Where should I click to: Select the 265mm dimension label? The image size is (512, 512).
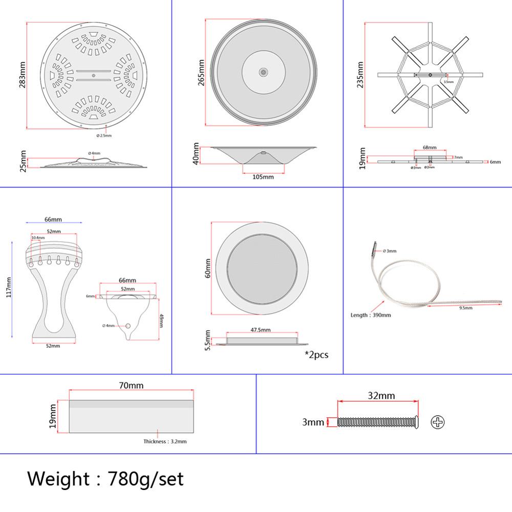click(201, 72)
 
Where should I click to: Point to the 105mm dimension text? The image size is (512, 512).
click(263, 177)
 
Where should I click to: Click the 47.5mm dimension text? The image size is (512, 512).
click(261, 330)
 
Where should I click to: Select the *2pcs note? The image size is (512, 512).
click(316, 354)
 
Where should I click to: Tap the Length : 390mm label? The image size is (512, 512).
click(371, 315)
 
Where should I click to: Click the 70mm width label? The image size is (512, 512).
click(132, 386)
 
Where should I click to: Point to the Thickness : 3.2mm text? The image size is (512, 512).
click(165, 441)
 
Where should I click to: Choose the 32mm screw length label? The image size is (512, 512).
click(381, 395)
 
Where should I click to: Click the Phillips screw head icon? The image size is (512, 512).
click(438, 422)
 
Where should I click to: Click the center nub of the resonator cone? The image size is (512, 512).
click(263, 72)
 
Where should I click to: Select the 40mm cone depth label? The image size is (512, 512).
click(197, 154)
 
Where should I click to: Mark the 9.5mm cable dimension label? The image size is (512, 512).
click(465, 308)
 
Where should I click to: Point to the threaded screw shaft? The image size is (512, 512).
click(376, 422)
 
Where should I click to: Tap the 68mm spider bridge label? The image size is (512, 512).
click(430, 147)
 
